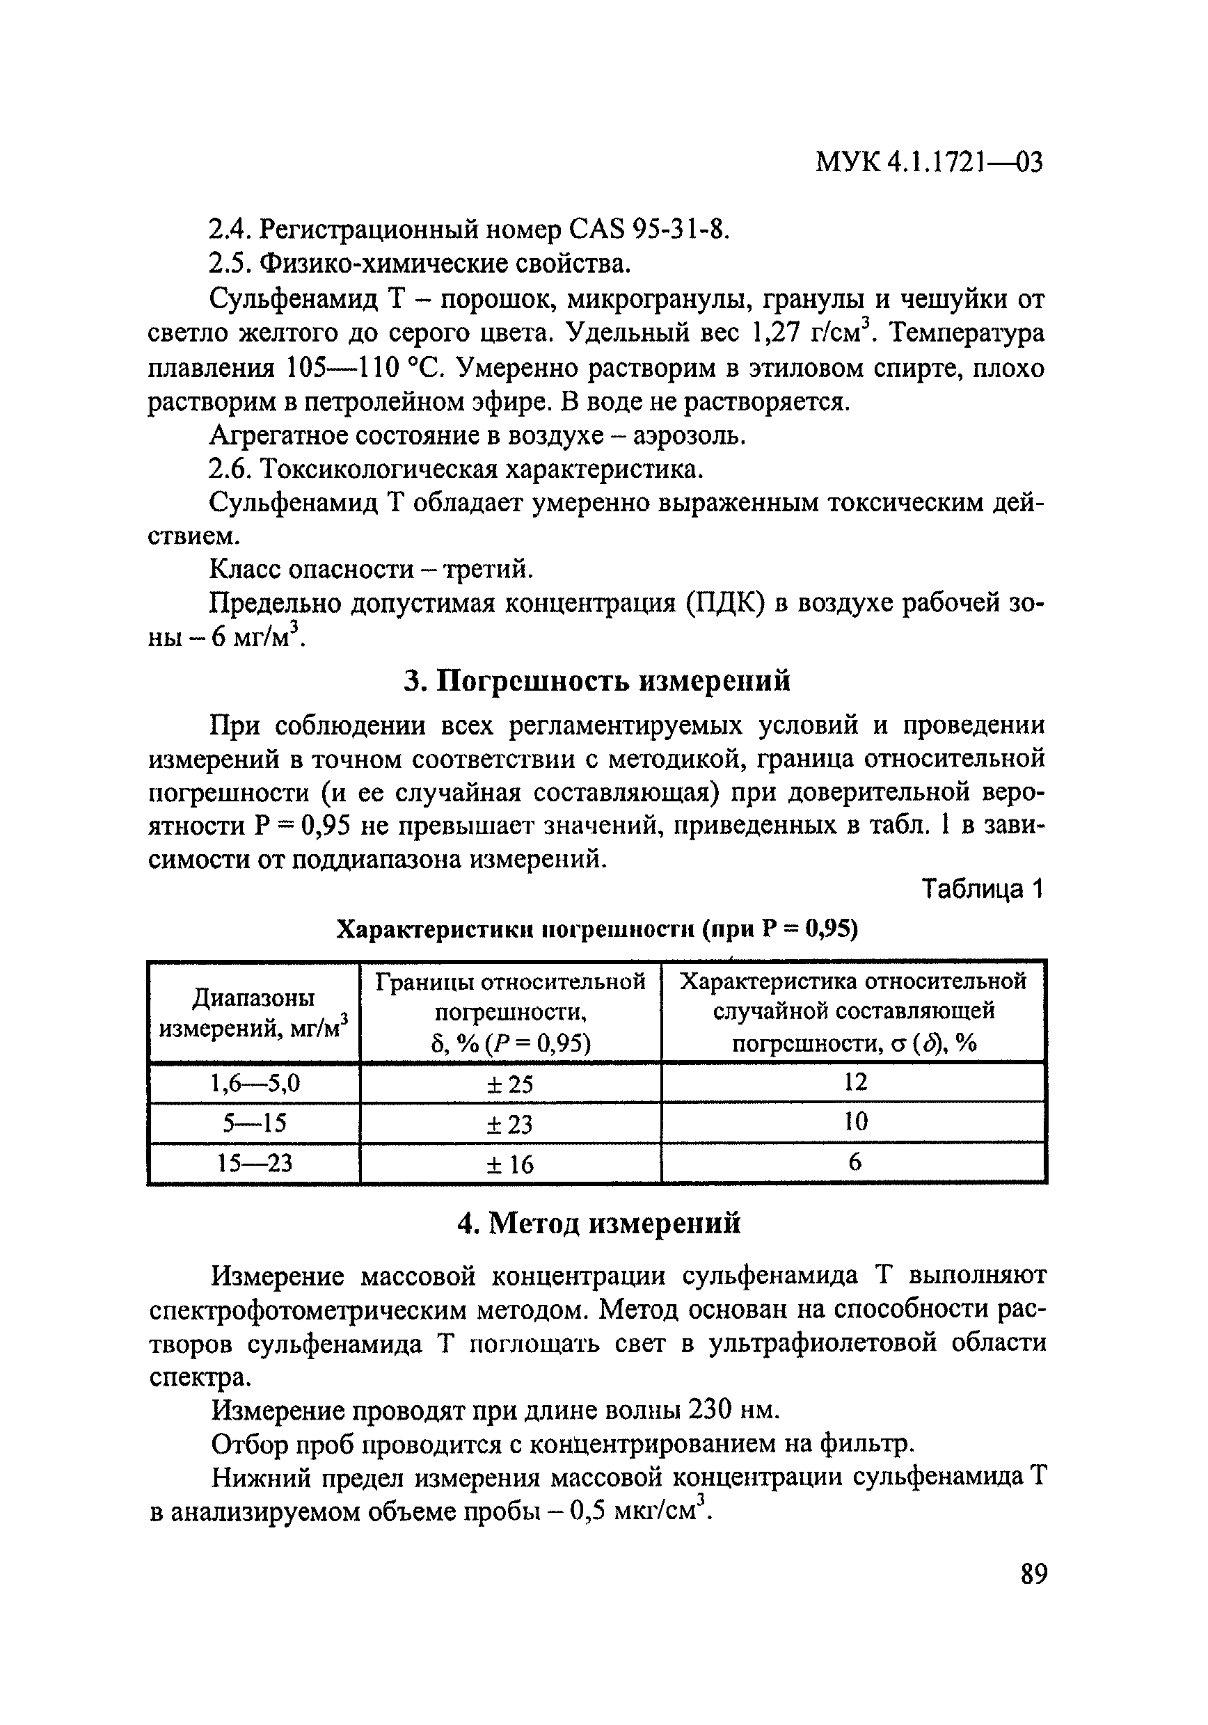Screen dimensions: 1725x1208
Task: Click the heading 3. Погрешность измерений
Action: click(x=597, y=681)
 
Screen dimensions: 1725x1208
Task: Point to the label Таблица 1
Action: click(x=983, y=890)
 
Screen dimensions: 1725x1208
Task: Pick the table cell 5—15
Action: click(x=255, y=1123)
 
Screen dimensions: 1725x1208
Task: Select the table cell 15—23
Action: click(x=255, y=1164)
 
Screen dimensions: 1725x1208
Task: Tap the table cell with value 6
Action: click(x=855, y=1163)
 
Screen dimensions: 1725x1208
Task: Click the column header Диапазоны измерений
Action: click(x=254, y=1013)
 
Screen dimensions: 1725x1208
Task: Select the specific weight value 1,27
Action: click(x=775, y=333)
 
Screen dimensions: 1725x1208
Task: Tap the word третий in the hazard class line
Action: click(x=487, y=570)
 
